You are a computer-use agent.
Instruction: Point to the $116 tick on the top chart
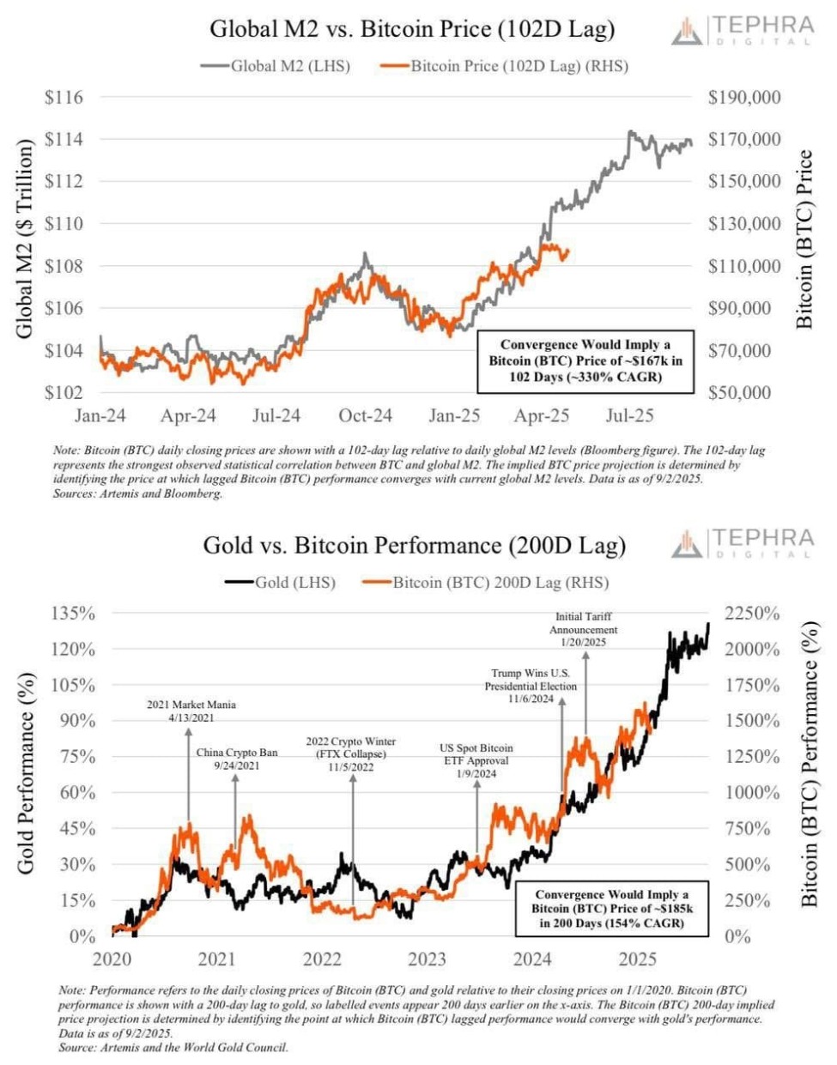pyautogui.click(x=64, y=97)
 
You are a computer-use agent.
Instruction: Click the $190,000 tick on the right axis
pyautogui.click(x=743, y=97)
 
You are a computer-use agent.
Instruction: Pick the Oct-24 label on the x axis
pyautogui.click(x=365, y=416)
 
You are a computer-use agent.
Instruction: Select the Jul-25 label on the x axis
pyautogui.click(x=629, y=416)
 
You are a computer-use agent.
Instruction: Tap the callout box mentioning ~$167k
pyautogui.click(x=585, y=361)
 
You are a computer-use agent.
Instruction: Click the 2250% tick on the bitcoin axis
pyautogui.click(x=751, y=614)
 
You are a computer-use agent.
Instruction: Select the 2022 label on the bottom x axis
pyautogui.click(x=322, y=959)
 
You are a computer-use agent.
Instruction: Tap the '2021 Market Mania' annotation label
pyautogui.click(x=191, y=711)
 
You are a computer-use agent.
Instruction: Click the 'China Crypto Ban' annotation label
pyautogui.click(x=236, y=759)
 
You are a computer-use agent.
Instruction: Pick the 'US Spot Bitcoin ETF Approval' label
pyautogui.click(x=476, y=760)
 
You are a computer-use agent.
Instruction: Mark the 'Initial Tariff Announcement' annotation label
pyautogui.click(x=583, y=629)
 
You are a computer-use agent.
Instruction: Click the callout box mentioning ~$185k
pyautogui.click(x=611, y=909)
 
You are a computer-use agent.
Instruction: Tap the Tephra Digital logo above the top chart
pyautogui.click(x=742, y=30)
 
